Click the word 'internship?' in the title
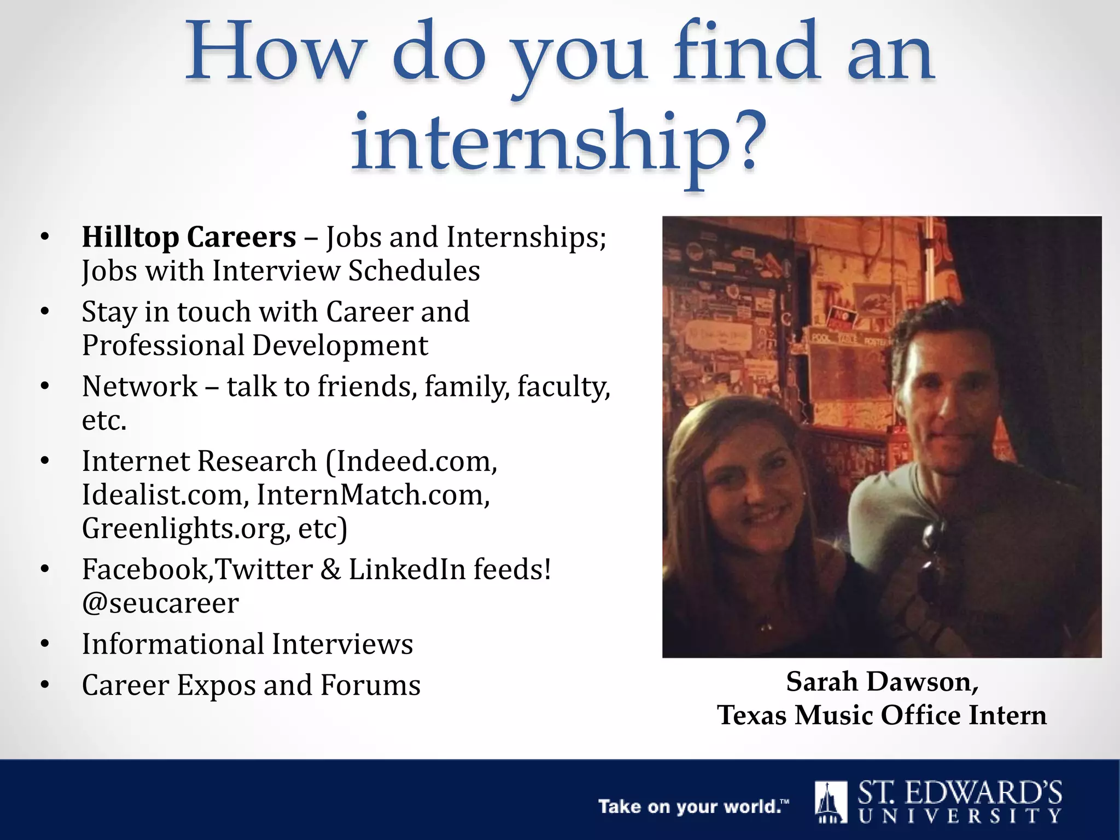[x=558, y=143]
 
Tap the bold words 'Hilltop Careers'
[x=189, y=237]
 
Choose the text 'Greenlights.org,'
[x=186, y=529]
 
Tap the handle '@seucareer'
[x=160, y=603]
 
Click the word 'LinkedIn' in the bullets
[x=407, y=569]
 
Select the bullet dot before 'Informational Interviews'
[x=45, y=644]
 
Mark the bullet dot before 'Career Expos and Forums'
[x=45, y=685]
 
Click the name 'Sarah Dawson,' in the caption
[x=882, y=682]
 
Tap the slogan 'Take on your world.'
[x=693, y=807]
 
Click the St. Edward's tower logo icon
[x=830, y=802]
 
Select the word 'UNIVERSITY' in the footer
[x=960, y=816]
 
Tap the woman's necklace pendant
[x=765, y=624]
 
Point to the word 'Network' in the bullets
[x=139, y=387]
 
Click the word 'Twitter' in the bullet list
[x=264, y=569]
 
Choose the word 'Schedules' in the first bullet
[x=414, y=271]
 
